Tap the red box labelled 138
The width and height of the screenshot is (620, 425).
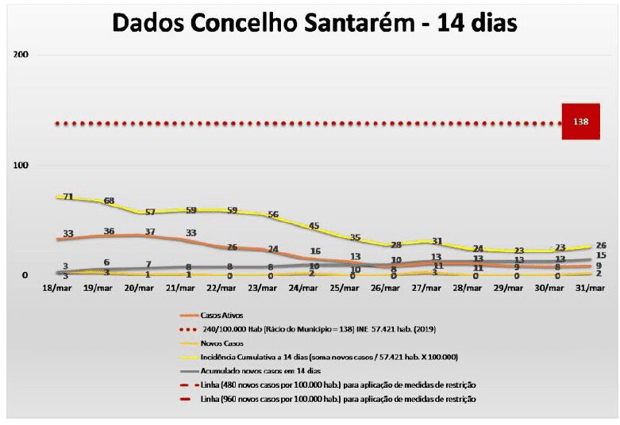(580, 121)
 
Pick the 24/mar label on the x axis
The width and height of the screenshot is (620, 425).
(314, 289)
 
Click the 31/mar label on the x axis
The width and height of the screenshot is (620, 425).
(591, 289)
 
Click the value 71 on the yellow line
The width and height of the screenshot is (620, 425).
(67, 197)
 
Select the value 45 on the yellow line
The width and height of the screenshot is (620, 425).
(314, 226)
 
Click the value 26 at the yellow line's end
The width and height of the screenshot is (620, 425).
(601, 245)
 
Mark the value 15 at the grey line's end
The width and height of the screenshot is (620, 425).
(601, 255)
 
